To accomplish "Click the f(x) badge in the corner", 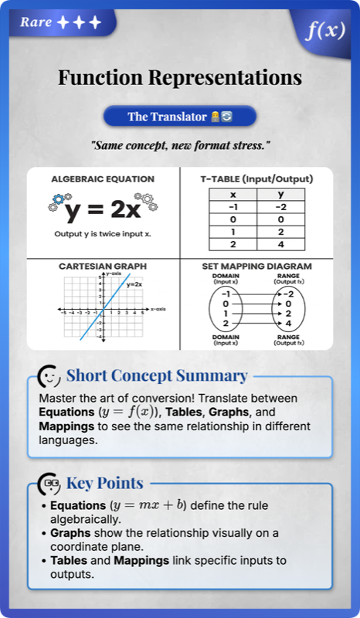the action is [x=324, y=31].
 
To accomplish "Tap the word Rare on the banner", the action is [x=36, y=22].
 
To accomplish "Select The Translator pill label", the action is [x=179, y=117].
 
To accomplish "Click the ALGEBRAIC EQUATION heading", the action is [x=102, y=179].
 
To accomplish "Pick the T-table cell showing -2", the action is [x=280, y=207].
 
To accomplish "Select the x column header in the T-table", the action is [x=233, y=194].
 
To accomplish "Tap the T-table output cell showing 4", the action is [x=280, y=245].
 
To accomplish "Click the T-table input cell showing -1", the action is [x=233, y=207].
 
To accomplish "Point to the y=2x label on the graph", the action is [x=135, y=284].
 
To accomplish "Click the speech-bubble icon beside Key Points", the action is [x=51, y=484].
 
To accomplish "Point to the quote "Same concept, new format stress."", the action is [x=179, y=146].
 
